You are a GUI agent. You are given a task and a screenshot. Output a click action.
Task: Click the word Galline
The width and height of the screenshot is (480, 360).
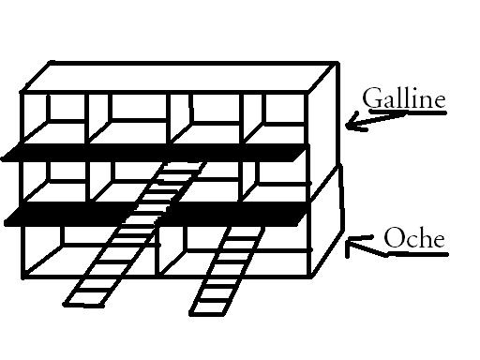click(404, 97)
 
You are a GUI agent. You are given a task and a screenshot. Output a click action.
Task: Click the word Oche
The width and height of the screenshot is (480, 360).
click(414, 238)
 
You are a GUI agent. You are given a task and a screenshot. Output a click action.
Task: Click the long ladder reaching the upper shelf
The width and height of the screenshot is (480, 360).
click(135, 232)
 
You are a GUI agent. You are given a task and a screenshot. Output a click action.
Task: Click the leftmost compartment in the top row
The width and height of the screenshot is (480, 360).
click(54, 118)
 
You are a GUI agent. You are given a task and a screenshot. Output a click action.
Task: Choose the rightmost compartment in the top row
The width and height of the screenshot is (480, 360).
click(276, 118)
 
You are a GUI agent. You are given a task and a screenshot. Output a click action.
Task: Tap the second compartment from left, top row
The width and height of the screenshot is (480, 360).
click(129, 118)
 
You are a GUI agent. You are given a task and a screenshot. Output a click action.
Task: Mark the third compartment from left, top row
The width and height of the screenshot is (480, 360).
click(207, 118)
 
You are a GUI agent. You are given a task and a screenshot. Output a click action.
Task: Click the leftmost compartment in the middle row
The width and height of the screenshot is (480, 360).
click(54, 182)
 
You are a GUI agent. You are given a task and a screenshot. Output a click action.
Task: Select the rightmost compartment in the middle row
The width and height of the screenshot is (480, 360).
click(276, 182)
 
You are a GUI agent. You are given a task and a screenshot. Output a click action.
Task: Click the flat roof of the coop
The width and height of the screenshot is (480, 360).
click(179, 77)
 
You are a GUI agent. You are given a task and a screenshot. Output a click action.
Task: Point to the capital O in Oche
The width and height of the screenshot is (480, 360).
click(393, 238)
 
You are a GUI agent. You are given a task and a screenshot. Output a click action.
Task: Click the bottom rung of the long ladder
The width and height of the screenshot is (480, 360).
click(83, 304)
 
